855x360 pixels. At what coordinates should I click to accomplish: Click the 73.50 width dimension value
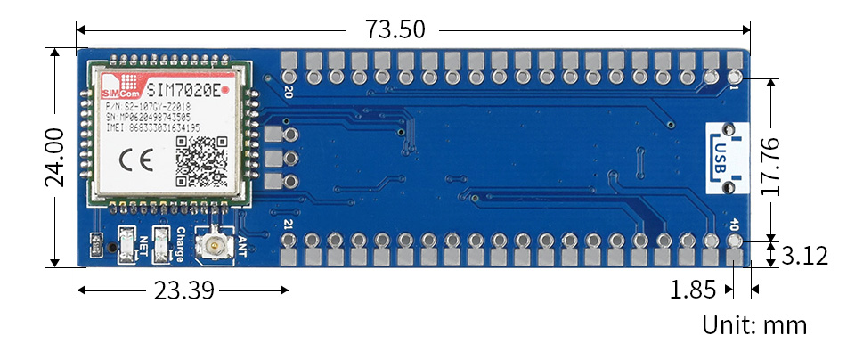395,29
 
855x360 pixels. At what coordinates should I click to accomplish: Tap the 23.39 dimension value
183,290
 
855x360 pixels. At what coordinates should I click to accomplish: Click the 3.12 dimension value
804,257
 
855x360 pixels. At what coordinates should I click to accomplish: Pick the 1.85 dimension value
692,290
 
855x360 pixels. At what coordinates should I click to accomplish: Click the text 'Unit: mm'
754,325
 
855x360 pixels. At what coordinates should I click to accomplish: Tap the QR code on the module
202,160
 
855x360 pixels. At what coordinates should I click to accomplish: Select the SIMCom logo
120,89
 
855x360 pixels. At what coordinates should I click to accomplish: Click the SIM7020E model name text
183,90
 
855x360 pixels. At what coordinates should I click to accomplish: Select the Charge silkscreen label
180,243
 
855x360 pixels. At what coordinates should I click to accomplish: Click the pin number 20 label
288,91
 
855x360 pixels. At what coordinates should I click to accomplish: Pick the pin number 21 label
288,225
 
